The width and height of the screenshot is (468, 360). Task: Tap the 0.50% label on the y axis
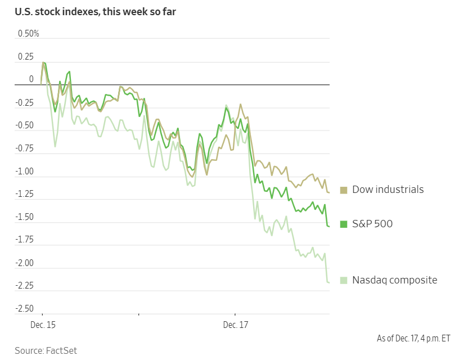click(x=29, y=34)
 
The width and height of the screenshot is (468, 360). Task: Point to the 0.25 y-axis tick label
click(x=25, y=57)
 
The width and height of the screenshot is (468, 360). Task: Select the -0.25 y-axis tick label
click(x=24, y=102)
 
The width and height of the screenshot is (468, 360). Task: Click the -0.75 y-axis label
click(x=24, y=148)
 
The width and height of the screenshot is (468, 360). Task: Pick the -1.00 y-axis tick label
click(x=24, y=172)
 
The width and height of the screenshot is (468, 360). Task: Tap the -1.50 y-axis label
click(x=24, y=217)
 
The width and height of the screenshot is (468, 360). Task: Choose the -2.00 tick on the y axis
click(x=24, y=263)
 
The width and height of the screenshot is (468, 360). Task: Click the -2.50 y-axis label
click(x=24, y=309)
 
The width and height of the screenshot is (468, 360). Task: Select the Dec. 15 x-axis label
click(x=43, y=325)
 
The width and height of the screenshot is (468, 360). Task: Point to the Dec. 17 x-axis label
click(x=235, y=325)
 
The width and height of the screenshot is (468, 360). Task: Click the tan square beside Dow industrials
click(x=344, y=190)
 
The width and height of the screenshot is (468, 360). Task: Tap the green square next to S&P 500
click(x=344, y=224)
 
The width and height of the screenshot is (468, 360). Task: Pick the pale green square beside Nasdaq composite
click(x=344, y=280)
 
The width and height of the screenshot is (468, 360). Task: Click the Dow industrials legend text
click(x=388, y=190)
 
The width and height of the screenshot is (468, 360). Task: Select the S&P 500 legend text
click(x=372, y=224)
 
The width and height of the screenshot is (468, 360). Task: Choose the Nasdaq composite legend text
click(x=394, y=280)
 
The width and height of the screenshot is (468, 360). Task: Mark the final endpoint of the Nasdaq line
click(x=329, y=282)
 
